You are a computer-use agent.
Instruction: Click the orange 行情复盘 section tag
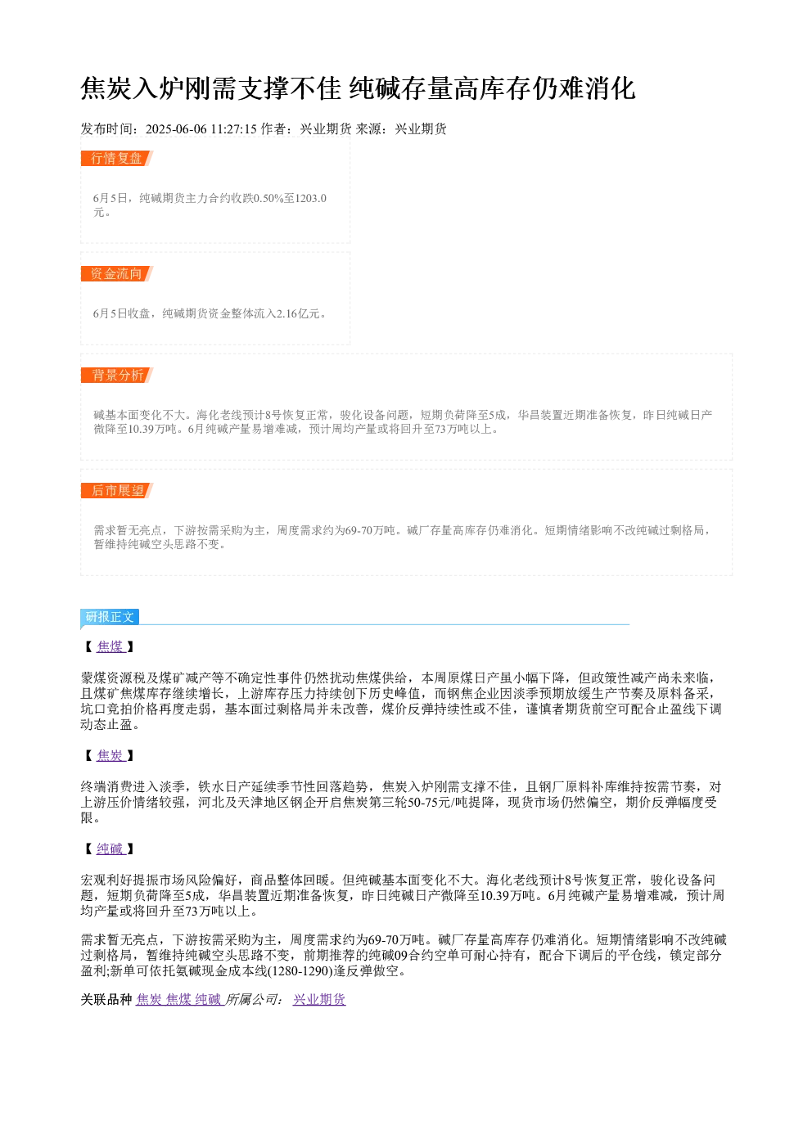pyautogui.click(x=116, y=159)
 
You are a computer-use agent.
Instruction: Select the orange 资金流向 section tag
pyautogui.click(x=116, y=273)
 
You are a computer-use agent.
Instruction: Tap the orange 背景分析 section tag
pyautogui.click(x=116, y=375)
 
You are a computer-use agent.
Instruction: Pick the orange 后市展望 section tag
pyautogui.click(x=116, y=490)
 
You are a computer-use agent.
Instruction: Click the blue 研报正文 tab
pyautogui.click(x=110, y=616)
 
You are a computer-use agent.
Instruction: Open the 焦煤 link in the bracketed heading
pyautogui.click(x=111, y=646)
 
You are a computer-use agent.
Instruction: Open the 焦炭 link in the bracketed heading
pyautogui.click(x=111, y=755)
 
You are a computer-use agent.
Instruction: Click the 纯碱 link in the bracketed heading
pyautogui.click(x=111, y=849)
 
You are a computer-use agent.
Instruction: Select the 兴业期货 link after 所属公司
pyautogui.click(x=319, y=999)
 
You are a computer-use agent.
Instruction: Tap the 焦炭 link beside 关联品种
pyautogui.click(x=149, y=999)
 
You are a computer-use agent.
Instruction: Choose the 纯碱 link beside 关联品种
pyautogui.click(x=208, y=999)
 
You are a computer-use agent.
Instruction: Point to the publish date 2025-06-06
pyautogui.click(x=176, y=129)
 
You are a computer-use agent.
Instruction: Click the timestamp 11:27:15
pyautogui.click(x=234, y=129)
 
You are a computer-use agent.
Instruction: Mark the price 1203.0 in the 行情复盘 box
pyautogui.click(x=311, y=198)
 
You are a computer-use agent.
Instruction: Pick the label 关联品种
pyautogui.click(x=106, y=999)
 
